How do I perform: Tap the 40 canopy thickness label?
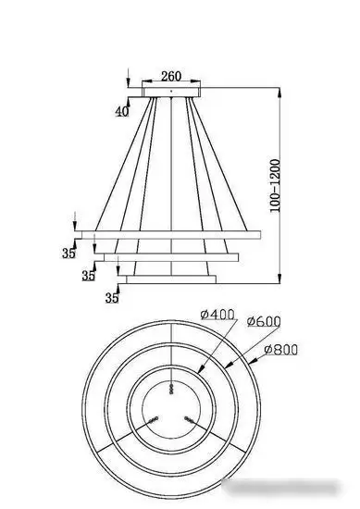[x=122, y=111]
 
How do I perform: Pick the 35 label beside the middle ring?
[x=88, y=275]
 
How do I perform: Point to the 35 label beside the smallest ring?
[x=112, y=297]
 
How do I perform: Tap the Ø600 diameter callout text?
[x=263, y=321]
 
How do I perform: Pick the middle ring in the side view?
[x=171, y=254]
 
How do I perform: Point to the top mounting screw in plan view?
[x=171, y=386]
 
